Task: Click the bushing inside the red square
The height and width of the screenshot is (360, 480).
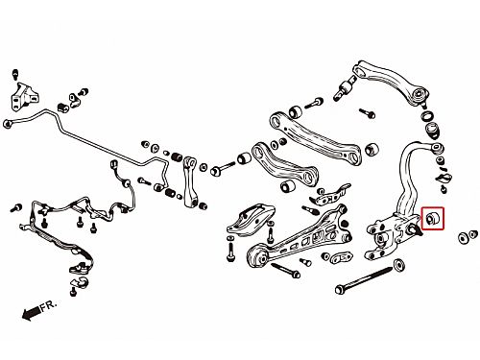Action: click(432, 218)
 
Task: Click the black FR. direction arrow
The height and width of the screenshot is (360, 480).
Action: click(32, 312)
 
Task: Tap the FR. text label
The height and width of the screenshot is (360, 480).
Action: click(49, 305)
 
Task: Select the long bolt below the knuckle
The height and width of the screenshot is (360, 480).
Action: click(364, 279)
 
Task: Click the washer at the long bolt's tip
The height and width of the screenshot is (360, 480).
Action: click(398, 265)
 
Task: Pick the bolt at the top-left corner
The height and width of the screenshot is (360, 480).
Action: click(15, 74)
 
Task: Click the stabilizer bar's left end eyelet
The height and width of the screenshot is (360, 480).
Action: click(7, 124)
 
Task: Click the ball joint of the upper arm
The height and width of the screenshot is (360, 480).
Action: click(420, 96)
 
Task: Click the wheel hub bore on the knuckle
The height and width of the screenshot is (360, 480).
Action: click(381, 239)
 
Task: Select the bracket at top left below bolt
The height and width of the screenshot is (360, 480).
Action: click(26, 97)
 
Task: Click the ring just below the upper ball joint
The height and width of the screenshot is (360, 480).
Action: click(427, 116)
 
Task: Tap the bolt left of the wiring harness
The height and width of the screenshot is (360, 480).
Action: click(16, 208)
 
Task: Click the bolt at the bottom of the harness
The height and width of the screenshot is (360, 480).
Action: click(74, 291)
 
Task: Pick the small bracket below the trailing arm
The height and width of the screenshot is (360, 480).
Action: click(341, 256)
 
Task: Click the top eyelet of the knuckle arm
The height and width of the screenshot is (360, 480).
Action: click(437, 148)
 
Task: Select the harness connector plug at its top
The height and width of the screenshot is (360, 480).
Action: click(113, 164)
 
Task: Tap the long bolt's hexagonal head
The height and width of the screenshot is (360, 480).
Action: click(339, 290)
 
